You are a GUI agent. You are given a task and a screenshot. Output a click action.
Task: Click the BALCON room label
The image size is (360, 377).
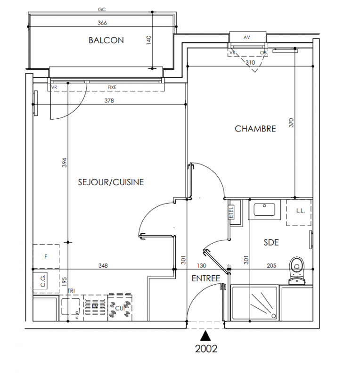click(x=106, y=40)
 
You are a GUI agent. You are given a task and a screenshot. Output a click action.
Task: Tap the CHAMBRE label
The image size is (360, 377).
click(x=255, y=129)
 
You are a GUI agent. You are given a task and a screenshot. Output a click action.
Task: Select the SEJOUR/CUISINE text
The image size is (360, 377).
click(x=111, y=182)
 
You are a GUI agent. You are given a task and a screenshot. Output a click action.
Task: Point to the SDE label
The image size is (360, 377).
click(x=271, y=242)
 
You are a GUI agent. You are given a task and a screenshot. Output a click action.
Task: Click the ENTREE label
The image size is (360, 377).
click(x=206, y=279)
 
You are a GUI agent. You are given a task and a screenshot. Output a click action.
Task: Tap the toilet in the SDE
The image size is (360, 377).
click(x=297, y=270)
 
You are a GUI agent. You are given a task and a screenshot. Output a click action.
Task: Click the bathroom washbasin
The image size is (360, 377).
click(x=264, y=210)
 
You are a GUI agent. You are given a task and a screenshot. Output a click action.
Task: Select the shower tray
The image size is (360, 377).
click(x=254, y=303)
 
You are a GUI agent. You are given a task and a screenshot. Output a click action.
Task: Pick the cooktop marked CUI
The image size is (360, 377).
click(x=120, y=307)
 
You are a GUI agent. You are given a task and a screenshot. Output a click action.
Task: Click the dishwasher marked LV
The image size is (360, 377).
click(x=96, y=308)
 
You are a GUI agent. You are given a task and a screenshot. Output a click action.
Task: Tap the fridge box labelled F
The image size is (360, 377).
click(x=46, y=256)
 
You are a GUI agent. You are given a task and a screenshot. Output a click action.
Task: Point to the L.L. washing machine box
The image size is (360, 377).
click(x=299, y=213)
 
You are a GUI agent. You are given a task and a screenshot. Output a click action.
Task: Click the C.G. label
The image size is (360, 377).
click(x=43, y=281)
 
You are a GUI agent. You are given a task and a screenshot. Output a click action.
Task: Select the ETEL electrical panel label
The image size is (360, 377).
click(x=231, y=213)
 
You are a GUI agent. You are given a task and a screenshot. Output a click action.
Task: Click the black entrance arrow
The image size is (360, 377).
click(x=205, y=336)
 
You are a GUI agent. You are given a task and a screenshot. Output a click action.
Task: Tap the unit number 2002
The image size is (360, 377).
click(x=206, y=349)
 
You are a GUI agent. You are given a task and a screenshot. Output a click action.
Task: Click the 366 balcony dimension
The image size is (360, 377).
click(x=102, y=23)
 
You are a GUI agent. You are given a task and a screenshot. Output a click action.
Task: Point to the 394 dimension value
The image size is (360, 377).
click(x=64, y=163)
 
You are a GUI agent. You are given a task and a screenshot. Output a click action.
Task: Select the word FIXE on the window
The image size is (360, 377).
click(x=112, y=88)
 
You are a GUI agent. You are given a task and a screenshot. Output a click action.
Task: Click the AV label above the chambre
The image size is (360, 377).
click(x=247, y=37)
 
